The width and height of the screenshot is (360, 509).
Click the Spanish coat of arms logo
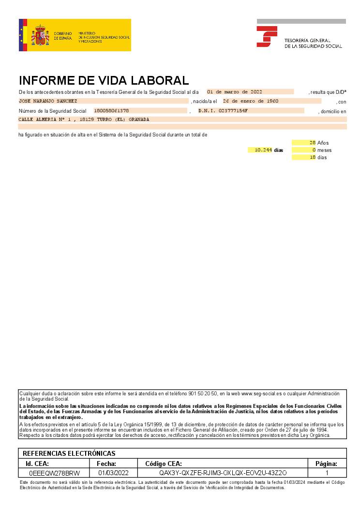[40, 35]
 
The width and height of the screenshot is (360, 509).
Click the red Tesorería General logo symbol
[267, 36]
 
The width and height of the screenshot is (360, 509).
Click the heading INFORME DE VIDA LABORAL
[104, 80]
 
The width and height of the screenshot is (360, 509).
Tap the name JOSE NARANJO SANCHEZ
[47, 101]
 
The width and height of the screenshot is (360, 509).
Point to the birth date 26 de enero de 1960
[250, 101]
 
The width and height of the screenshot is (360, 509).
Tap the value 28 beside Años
[313, 143]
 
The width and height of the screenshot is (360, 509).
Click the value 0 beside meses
[314, 150]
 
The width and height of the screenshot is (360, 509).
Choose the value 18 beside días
[313, 157]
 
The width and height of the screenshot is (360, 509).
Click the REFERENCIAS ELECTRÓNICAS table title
[69, 453]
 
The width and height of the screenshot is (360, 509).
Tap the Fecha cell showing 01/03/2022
[113, 473]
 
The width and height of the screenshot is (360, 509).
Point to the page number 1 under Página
[327, 473]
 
